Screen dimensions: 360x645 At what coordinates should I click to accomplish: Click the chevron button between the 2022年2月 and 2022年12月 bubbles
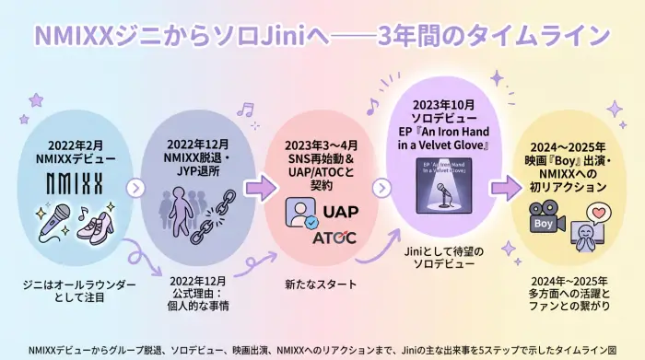pos(136,189)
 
